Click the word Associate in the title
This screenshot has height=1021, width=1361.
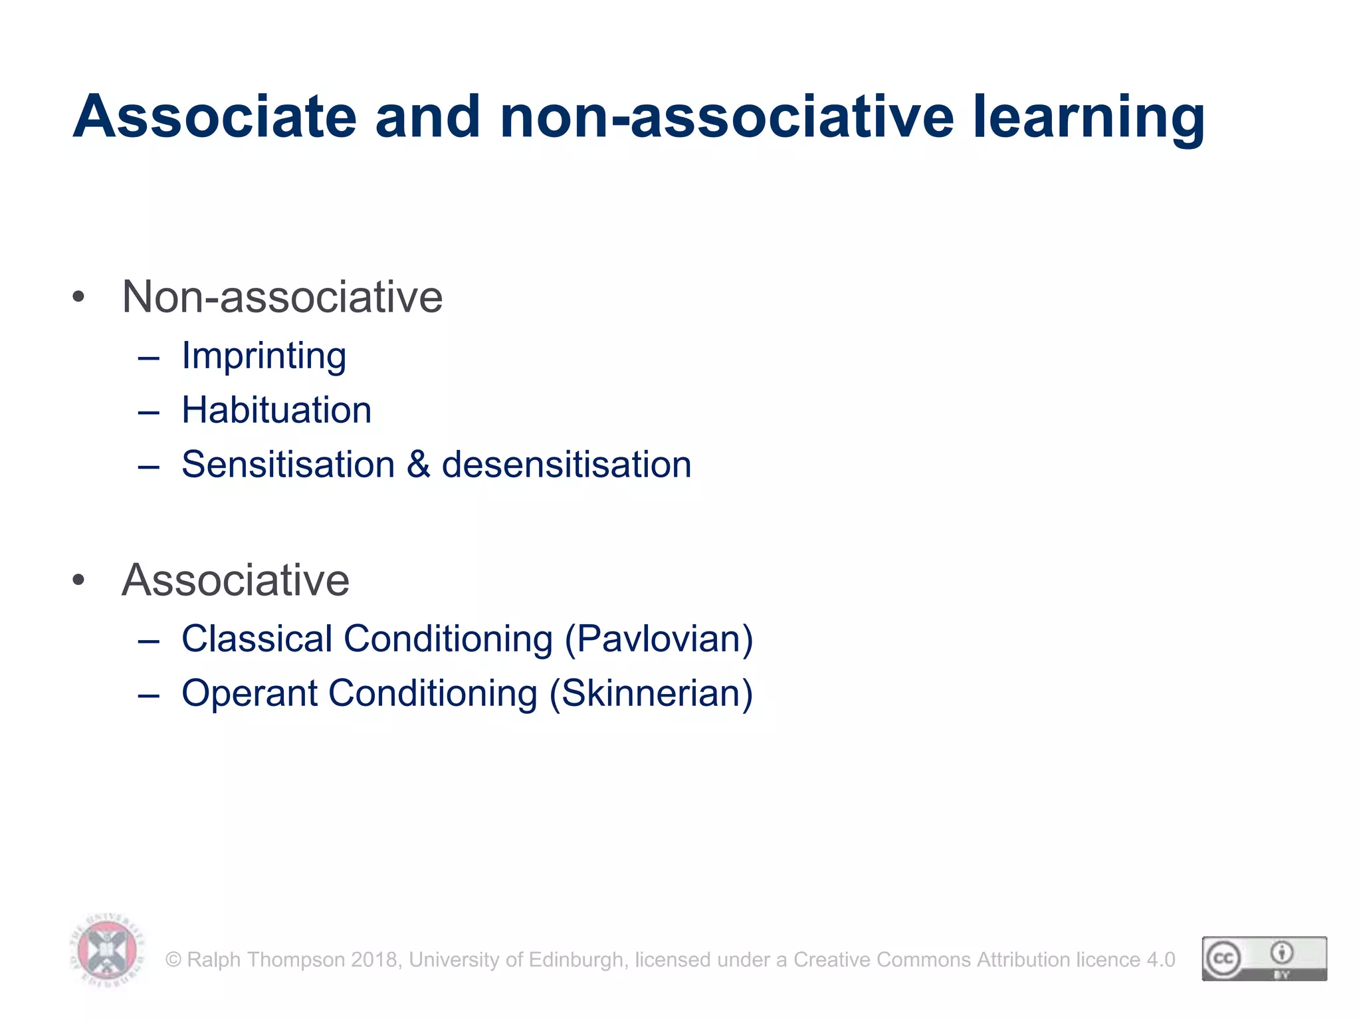tap(215, 117)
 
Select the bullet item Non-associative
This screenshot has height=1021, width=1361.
tap(282, 296)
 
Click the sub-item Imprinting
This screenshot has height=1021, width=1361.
tap(264, 356)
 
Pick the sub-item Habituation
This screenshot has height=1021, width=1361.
tap(276, 410)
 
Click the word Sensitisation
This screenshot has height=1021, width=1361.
tap(288, 465)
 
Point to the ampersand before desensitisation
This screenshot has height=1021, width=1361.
tap(418, 465)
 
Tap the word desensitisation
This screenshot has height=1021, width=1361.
tap(566, 465)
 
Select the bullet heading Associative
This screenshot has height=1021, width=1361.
tap(235, 580)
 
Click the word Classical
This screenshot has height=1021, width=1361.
tap(256, 639)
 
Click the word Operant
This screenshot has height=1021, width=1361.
tap(250, 693)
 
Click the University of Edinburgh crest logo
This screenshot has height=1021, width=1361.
tap(107, 951)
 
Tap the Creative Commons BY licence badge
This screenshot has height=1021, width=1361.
tap(1264, 959)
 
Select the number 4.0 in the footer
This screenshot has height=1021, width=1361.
tap(1160, 960)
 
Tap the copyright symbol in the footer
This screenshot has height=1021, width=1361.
tap(173, 960)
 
